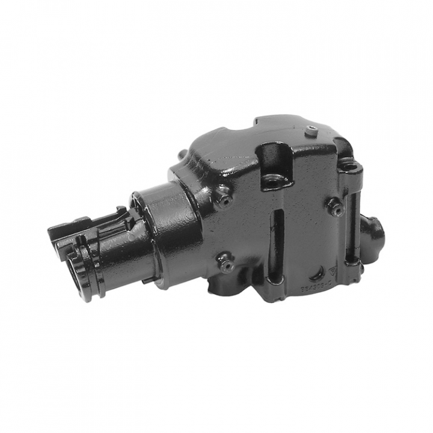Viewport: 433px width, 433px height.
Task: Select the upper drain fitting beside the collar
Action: pos(224,198)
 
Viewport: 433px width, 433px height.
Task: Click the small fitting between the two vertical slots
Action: pos(334,206)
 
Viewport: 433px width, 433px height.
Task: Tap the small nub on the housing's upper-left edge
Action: pos(181,156)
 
